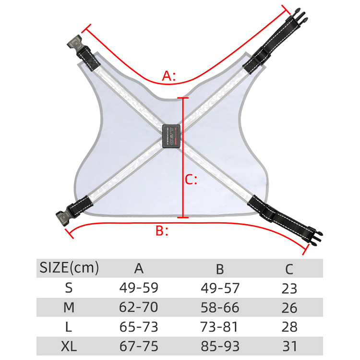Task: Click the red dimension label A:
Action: click(169, 75)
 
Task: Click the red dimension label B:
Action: click(162, 231)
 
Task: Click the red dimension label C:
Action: click(191, 180)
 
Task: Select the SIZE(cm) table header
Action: click(69, 267)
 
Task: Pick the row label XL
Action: click(69, 346)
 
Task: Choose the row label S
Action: click(69, 288)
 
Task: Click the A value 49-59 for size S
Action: click(139, 288)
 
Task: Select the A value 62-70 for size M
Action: click(139, 307)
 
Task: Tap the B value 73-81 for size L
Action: click(219, 327)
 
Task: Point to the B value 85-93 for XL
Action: click(219, 346)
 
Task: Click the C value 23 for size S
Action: click(289, 288)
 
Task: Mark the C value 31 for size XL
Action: click(289, 346)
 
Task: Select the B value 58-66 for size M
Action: click(219, 307)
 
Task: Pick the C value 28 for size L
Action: click(289, 327)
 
